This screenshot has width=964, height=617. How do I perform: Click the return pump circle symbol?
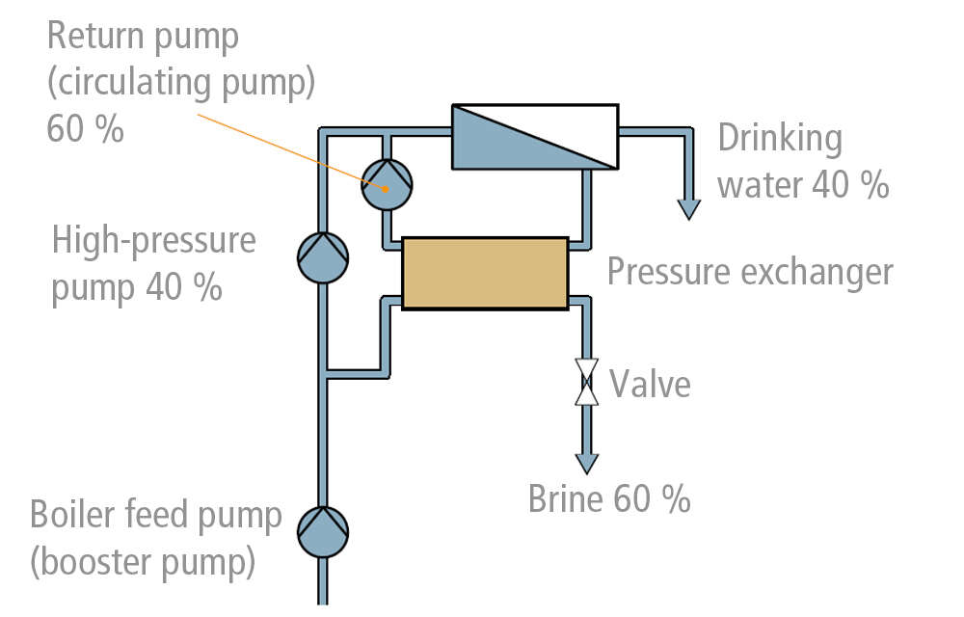click(387, 183)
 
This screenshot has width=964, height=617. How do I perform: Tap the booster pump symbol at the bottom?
click(322, 531)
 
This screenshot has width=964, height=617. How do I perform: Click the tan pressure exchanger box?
click(484, 273)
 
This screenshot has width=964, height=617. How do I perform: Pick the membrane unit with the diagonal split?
click(534, 137)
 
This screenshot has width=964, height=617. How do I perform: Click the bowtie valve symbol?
click(585, 382)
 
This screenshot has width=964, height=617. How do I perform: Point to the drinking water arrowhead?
click(688, 207)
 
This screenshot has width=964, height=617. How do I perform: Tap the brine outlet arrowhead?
click(585, 464)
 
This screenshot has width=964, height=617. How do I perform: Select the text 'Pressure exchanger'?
click(749, 272)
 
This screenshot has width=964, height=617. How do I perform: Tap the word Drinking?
click(779, 139)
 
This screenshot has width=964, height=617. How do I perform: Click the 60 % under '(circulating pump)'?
click(85, 128)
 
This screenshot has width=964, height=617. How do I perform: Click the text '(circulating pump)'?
click(181, 83)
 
